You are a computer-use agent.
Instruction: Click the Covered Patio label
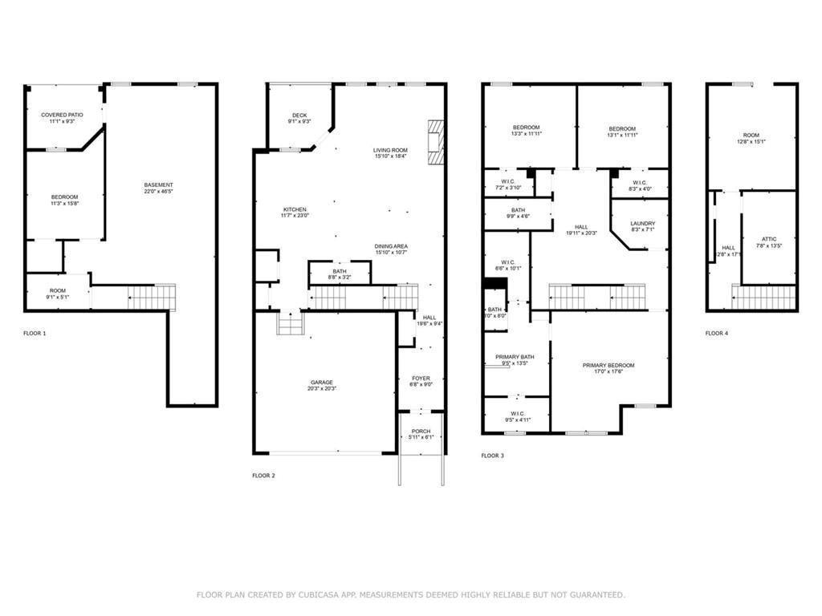pos(62,115)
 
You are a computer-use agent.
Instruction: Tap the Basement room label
pos(159,185)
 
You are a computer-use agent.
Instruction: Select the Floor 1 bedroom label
pos(65,197)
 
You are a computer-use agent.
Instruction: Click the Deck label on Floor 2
pos(299,115)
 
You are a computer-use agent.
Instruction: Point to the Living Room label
pos(390,150)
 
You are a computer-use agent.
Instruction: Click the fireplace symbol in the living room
pos(435,143)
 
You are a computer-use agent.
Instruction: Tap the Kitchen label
pos(294,209)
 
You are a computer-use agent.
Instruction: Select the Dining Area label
pos(390,246)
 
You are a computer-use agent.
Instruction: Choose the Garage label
pos(322,383)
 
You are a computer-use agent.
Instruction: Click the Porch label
pos(421,432)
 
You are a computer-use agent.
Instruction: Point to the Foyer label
pos(421,379)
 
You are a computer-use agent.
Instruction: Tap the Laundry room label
pos(642,224)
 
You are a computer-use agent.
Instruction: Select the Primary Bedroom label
pos(608,365)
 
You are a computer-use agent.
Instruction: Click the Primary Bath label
pos(515,357)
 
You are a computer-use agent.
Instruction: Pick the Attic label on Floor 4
pos(768,239)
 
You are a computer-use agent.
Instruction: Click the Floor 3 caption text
pos(493,456)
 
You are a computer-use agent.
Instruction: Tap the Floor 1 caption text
pos(35,333)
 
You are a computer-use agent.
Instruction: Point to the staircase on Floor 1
pos(152,297)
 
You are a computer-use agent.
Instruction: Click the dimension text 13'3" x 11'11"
pos(527,135)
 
